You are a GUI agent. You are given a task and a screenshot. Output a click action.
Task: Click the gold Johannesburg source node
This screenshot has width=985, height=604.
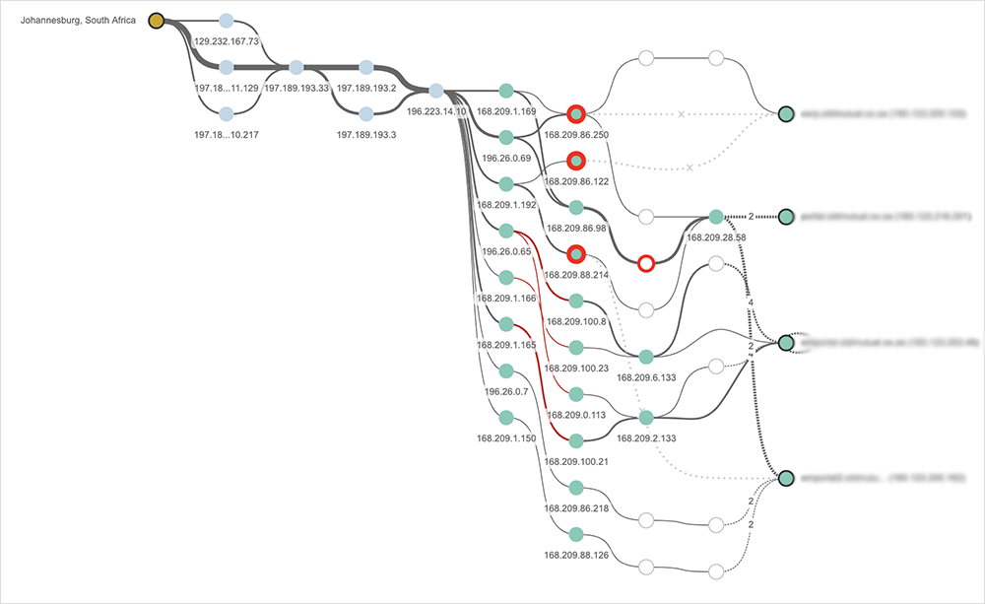tap(156, 20)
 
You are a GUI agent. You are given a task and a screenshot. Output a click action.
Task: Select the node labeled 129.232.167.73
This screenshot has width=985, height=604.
tap(227, 21)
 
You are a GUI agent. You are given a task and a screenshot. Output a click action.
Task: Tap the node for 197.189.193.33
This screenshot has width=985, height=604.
tap(296, 67)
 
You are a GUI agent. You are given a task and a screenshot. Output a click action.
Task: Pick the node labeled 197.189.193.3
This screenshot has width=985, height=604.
tap(366, 112)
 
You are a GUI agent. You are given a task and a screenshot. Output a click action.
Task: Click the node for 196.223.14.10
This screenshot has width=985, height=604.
tap(436, 91)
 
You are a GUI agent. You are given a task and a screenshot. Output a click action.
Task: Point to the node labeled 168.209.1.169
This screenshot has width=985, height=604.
tap(506, 91)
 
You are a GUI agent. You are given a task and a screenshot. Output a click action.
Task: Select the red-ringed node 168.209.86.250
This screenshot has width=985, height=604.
tap(576, 114)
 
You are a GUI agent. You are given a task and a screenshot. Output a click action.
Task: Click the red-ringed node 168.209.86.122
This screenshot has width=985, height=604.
tap(576, 161)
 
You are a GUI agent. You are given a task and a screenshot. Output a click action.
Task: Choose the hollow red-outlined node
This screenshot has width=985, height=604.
tap(646, 263)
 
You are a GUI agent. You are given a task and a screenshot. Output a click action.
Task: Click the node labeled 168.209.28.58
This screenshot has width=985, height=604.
tap(716, 217)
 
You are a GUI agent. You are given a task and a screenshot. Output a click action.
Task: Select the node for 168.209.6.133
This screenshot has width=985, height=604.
tap(646, 356)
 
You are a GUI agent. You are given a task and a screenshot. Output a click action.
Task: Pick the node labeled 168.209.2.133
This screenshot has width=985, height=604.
tap(646, 417)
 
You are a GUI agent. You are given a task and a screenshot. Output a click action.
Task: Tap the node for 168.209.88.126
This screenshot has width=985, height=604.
tap(576, 533)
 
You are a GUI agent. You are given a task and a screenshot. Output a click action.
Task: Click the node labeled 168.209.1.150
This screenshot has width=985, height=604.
tap(506, 417)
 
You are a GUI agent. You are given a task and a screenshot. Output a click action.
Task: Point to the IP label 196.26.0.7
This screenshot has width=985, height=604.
tap(506, 391)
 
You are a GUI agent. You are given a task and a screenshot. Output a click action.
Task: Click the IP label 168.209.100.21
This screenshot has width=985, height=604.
tap(576, 461)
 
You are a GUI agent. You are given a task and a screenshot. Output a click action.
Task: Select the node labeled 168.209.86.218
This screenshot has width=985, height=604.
tap(576, 487)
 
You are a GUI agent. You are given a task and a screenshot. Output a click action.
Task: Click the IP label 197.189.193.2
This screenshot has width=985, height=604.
tap(366, 88)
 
